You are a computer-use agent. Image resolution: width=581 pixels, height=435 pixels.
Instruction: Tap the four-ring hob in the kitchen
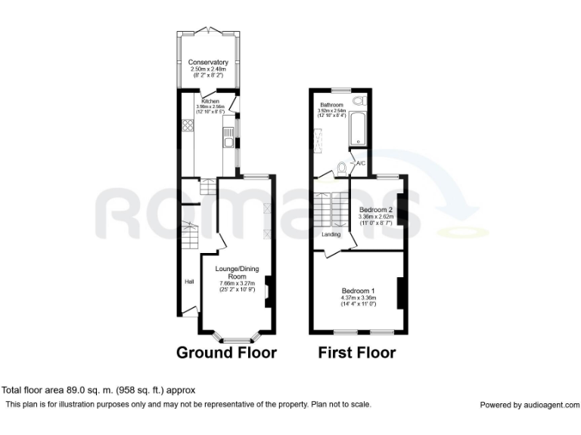point(187,125)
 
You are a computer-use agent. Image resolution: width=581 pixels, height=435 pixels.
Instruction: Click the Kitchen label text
point(210,100)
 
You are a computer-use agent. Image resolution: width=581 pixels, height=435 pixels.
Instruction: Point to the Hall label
point(189,282)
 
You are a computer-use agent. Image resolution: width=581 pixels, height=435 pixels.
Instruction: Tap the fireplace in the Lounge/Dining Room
point(268,292)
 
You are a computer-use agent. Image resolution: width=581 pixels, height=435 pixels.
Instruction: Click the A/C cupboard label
point(361,163)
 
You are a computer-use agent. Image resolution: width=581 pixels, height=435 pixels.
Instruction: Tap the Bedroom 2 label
point(375,209)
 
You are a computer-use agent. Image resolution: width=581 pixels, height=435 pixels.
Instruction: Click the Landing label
point(331,234)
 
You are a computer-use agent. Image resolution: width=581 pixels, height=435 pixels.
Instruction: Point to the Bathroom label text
point(331,105)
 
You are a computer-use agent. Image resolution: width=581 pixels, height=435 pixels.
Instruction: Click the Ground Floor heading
point(226,353)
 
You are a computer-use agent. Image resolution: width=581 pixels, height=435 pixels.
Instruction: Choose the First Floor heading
point(356,353)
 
